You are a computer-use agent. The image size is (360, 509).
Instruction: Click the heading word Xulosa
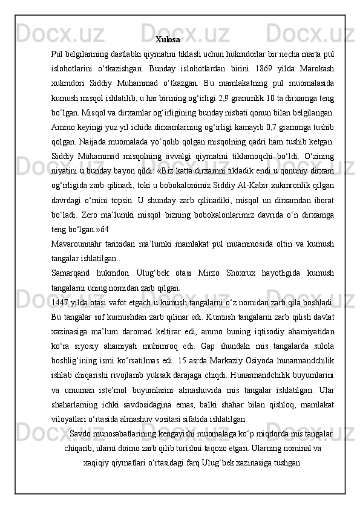coord(167,40)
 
